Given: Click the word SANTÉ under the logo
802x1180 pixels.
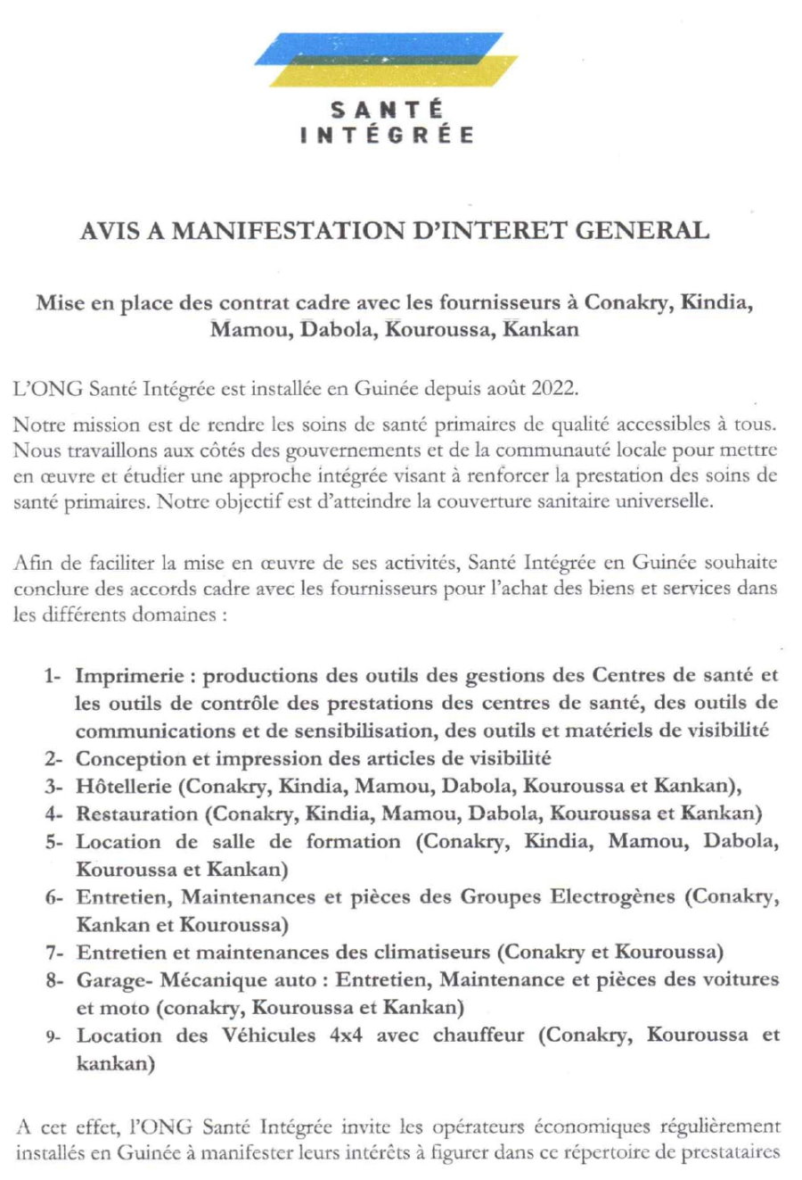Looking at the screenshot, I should click(x=387, y=111).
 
